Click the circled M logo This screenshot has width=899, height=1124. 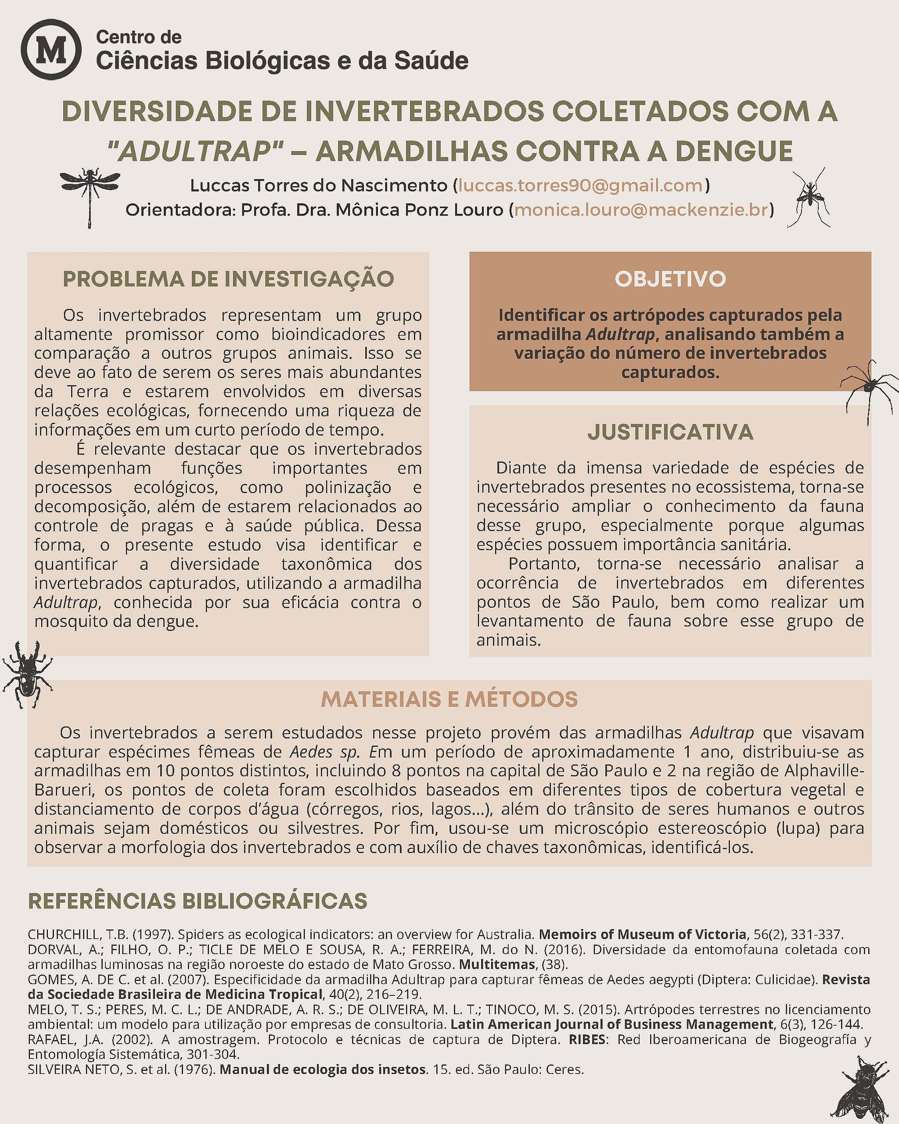pos(50,50)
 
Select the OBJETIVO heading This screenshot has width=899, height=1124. pos(670,279)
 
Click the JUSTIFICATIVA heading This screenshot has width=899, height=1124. pos(670,432)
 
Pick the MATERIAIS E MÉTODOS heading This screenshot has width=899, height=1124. pos(449,699)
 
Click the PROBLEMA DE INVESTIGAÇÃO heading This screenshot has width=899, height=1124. pos(228,279)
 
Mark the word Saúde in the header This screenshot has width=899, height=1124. pos(431,61)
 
